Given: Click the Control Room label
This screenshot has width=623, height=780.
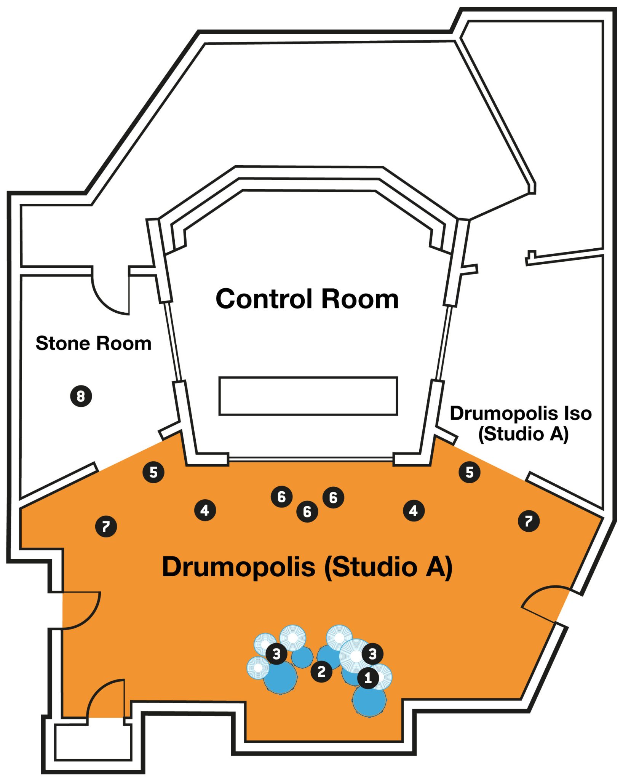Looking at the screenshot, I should point(307,299).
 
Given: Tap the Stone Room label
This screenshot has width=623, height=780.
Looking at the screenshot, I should point(93,343).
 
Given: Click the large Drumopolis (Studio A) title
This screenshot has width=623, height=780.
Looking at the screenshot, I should point(307,567).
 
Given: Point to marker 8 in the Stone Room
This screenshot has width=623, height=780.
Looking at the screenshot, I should point(81,396).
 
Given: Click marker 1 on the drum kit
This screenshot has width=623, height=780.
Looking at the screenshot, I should point(368,678).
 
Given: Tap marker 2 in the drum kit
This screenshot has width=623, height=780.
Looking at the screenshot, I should point(321,672).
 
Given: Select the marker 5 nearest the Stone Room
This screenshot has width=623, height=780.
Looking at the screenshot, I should point(153,472).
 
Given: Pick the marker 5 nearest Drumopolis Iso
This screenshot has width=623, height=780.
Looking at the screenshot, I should point(470,472).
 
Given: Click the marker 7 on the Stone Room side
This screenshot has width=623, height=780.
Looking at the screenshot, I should point(106,527).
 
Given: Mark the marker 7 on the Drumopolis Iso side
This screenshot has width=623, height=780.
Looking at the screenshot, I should point(529,521).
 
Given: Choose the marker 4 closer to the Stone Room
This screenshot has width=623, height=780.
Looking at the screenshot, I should point(205,510).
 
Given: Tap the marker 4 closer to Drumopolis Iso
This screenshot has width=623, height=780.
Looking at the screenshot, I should point(414,511).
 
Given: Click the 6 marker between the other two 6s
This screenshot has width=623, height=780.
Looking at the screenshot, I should point(307,512).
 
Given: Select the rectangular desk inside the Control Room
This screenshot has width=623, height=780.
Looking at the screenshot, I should point(308,396).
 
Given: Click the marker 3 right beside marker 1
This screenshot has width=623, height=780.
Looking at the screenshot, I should point(372,654).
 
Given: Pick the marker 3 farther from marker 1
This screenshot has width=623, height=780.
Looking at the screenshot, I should point(276,654).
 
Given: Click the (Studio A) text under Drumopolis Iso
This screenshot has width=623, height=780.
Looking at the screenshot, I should point(523,434).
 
